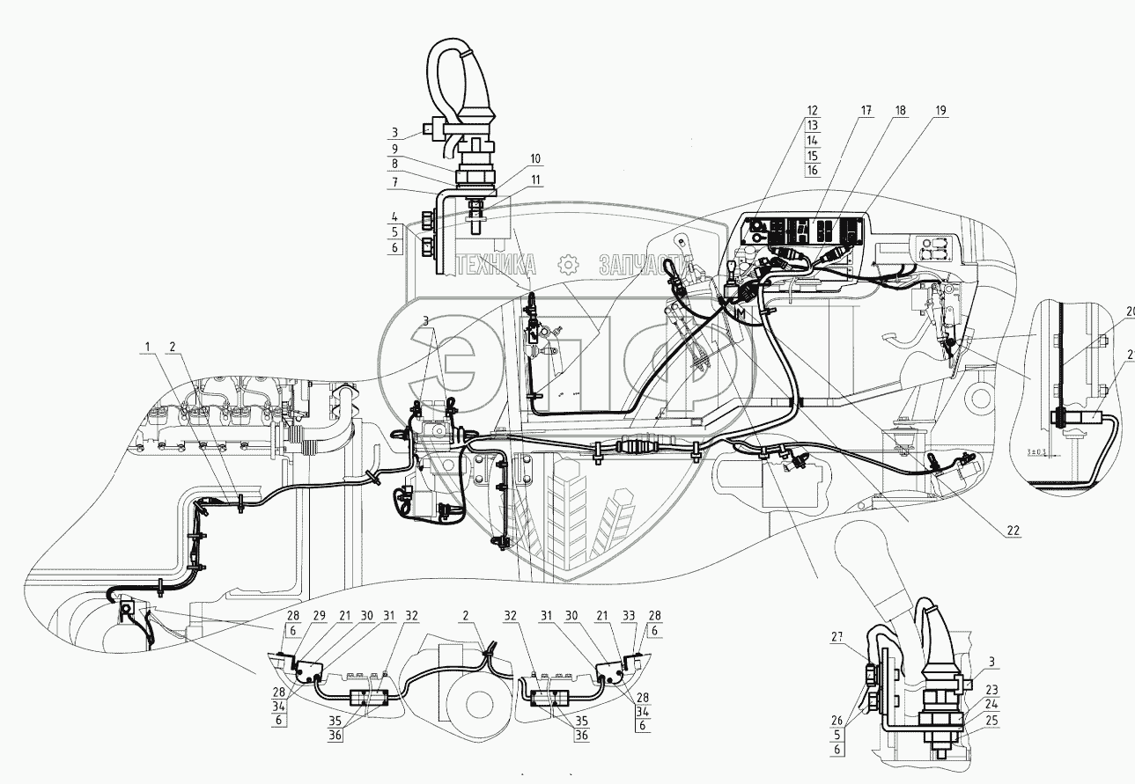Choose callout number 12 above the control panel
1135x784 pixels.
point(812,111)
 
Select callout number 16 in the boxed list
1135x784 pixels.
point(812,171)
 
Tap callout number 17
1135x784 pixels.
point(867,111)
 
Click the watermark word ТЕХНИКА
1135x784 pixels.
point(496,264)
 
